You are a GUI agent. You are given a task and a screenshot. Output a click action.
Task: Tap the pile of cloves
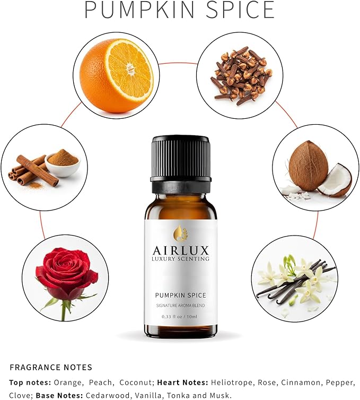click(x=240, y=75)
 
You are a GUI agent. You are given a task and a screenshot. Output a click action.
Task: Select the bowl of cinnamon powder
click(x=63, y=162)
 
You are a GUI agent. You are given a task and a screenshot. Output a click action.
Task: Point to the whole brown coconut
click(x=308, y=165)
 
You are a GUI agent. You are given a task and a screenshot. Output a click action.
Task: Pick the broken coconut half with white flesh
click(x=336, y=180)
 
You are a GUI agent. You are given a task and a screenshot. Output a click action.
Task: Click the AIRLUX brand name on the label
click(x=180, y=249)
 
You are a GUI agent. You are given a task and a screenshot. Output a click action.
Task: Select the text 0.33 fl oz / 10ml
click(x=180, y=317)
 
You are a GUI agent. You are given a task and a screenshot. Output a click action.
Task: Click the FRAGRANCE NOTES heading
click(x=51, y=367)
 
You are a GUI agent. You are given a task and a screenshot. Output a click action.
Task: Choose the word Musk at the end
click(x=221, y=395)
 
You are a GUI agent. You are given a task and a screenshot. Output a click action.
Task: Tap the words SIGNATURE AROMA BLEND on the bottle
click(x=180, y=306)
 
